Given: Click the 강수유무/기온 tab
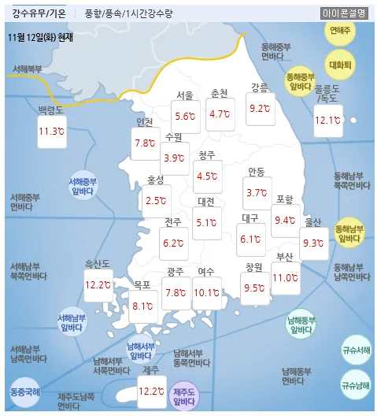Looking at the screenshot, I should click(x=39, y=13).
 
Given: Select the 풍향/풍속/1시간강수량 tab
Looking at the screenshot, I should click(x=128, y=13).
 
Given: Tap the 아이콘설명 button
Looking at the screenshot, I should click(x=344, y=13).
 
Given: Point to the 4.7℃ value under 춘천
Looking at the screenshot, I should click(x=220, y=114).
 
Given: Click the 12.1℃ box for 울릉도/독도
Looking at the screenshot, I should click(x=327, y=121).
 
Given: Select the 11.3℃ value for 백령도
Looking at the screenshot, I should click(x=51, y=131).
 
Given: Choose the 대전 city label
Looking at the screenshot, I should click(x=206, y=202).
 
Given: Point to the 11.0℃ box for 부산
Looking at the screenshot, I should click(x=284, y=277).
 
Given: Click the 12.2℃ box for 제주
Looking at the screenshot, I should click(x=150, y=391).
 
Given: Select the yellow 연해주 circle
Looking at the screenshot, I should click(x=341, y=31).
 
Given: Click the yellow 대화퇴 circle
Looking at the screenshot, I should click(x=341, y=64).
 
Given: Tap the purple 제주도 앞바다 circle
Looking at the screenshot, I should click(x=183, y=396).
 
